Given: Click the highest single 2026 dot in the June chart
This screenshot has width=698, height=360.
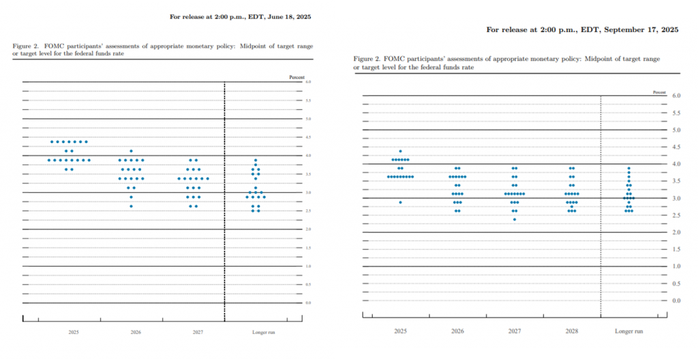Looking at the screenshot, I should point(131,151).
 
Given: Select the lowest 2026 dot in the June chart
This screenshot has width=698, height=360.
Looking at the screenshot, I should point(131,206).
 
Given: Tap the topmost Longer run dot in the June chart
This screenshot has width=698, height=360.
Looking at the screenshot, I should point(256,160).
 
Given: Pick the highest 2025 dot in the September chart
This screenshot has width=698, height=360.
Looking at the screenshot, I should point(400,151).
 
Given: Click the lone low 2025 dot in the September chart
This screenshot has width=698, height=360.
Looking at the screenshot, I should point(400,202).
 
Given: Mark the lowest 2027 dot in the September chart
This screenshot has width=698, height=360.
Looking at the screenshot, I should point(515,220).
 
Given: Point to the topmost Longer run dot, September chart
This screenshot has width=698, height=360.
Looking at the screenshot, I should point(628,168).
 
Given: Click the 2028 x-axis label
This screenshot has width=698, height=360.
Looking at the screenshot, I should point(572,331).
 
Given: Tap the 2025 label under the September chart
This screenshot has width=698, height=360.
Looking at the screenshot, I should point(400,331).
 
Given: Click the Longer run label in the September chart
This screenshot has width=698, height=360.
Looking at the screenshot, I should point(628,331).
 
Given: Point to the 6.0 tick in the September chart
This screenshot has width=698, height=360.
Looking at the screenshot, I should point(676,96).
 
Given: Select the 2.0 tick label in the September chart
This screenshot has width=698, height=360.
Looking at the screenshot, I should point(676,232).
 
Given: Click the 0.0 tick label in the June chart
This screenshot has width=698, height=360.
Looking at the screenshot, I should point(308,303).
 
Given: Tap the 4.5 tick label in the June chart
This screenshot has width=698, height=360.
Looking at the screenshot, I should point(308,137).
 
